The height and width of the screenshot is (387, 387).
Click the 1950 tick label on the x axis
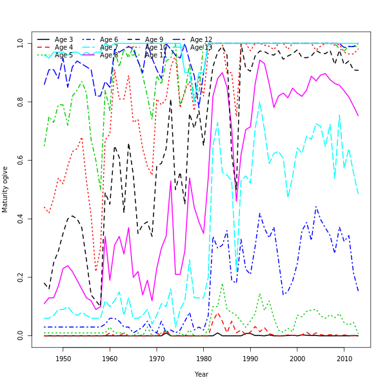coord(63,358)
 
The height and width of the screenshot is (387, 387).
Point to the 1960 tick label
coord(110,358)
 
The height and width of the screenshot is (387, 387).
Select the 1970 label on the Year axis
coord(157,358)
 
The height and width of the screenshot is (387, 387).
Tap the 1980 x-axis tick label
coord(204,358)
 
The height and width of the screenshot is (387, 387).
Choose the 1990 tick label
coord(250,358)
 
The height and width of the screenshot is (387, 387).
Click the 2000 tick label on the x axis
coord(297,358)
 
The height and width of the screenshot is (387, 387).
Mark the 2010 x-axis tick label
coord(344,358)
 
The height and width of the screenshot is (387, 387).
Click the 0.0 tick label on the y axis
coord(21,336)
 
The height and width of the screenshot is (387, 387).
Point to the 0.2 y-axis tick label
coord(21,277)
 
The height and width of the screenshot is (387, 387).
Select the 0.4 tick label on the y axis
coord(21,219)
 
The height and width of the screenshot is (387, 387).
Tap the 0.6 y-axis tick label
coord(21,161)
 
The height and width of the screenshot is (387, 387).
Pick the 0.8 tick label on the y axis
coord(21,102)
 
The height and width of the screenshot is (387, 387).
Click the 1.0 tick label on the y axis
coord(21,43)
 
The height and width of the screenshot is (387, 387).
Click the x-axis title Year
coord(201,374)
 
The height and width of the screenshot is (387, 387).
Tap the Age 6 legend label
coord(108,40)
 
